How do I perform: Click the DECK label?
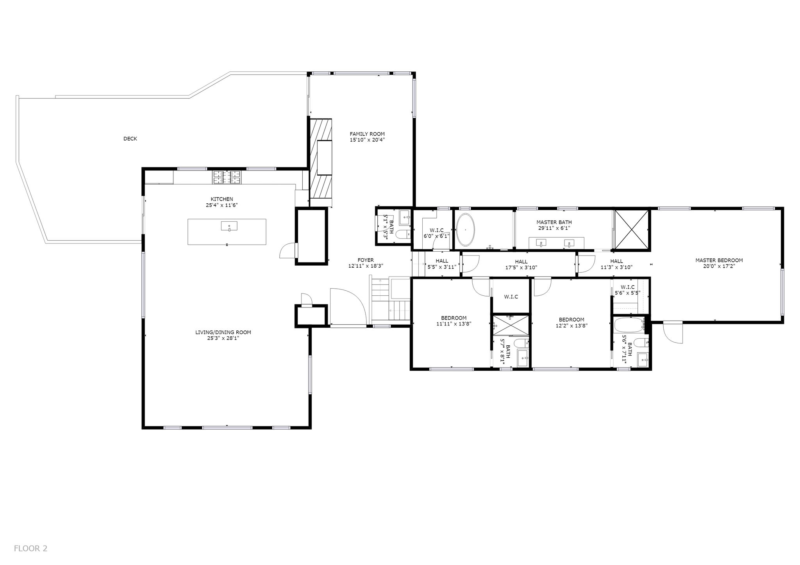[130, 139]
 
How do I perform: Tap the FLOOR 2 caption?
[30, 548]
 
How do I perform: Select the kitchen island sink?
[229, 226]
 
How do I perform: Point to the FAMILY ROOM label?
[367, 134]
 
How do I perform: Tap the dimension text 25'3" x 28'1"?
[223, 338]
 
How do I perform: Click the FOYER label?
[366, 260]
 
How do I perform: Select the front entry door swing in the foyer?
[348, 307]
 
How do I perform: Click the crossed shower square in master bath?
[632, 229]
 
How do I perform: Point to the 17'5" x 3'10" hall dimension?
[521, 268]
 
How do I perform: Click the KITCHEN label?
[221, 199]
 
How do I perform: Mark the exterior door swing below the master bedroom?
[673, 332]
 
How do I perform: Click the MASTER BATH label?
[554, 222]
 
